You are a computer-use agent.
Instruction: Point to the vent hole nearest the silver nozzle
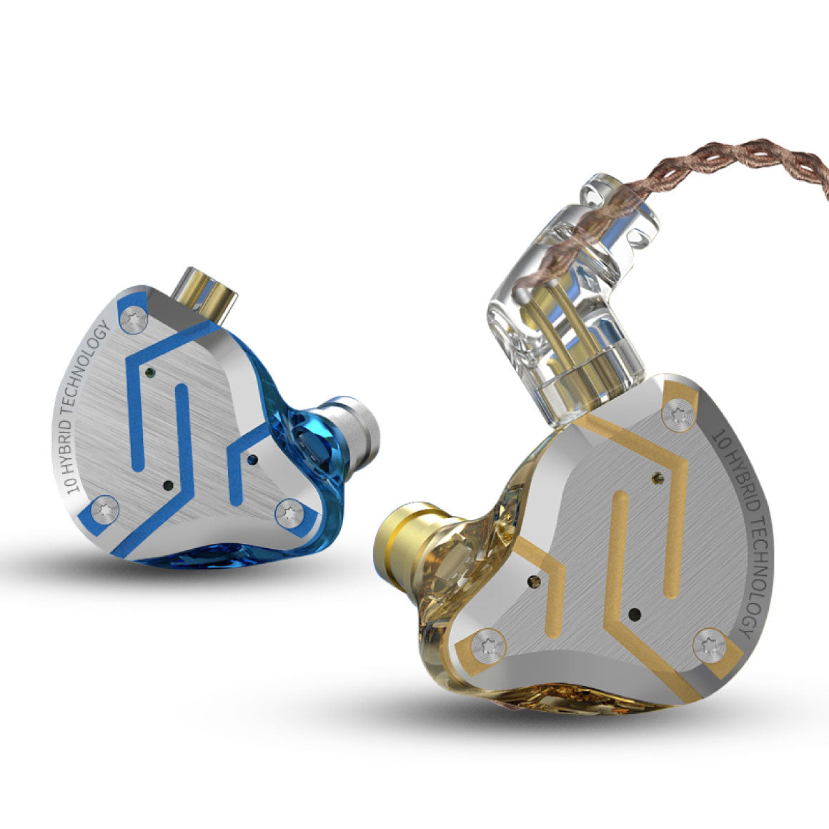click(252, 460)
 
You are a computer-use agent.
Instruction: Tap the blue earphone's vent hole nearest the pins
click(149, 372)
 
